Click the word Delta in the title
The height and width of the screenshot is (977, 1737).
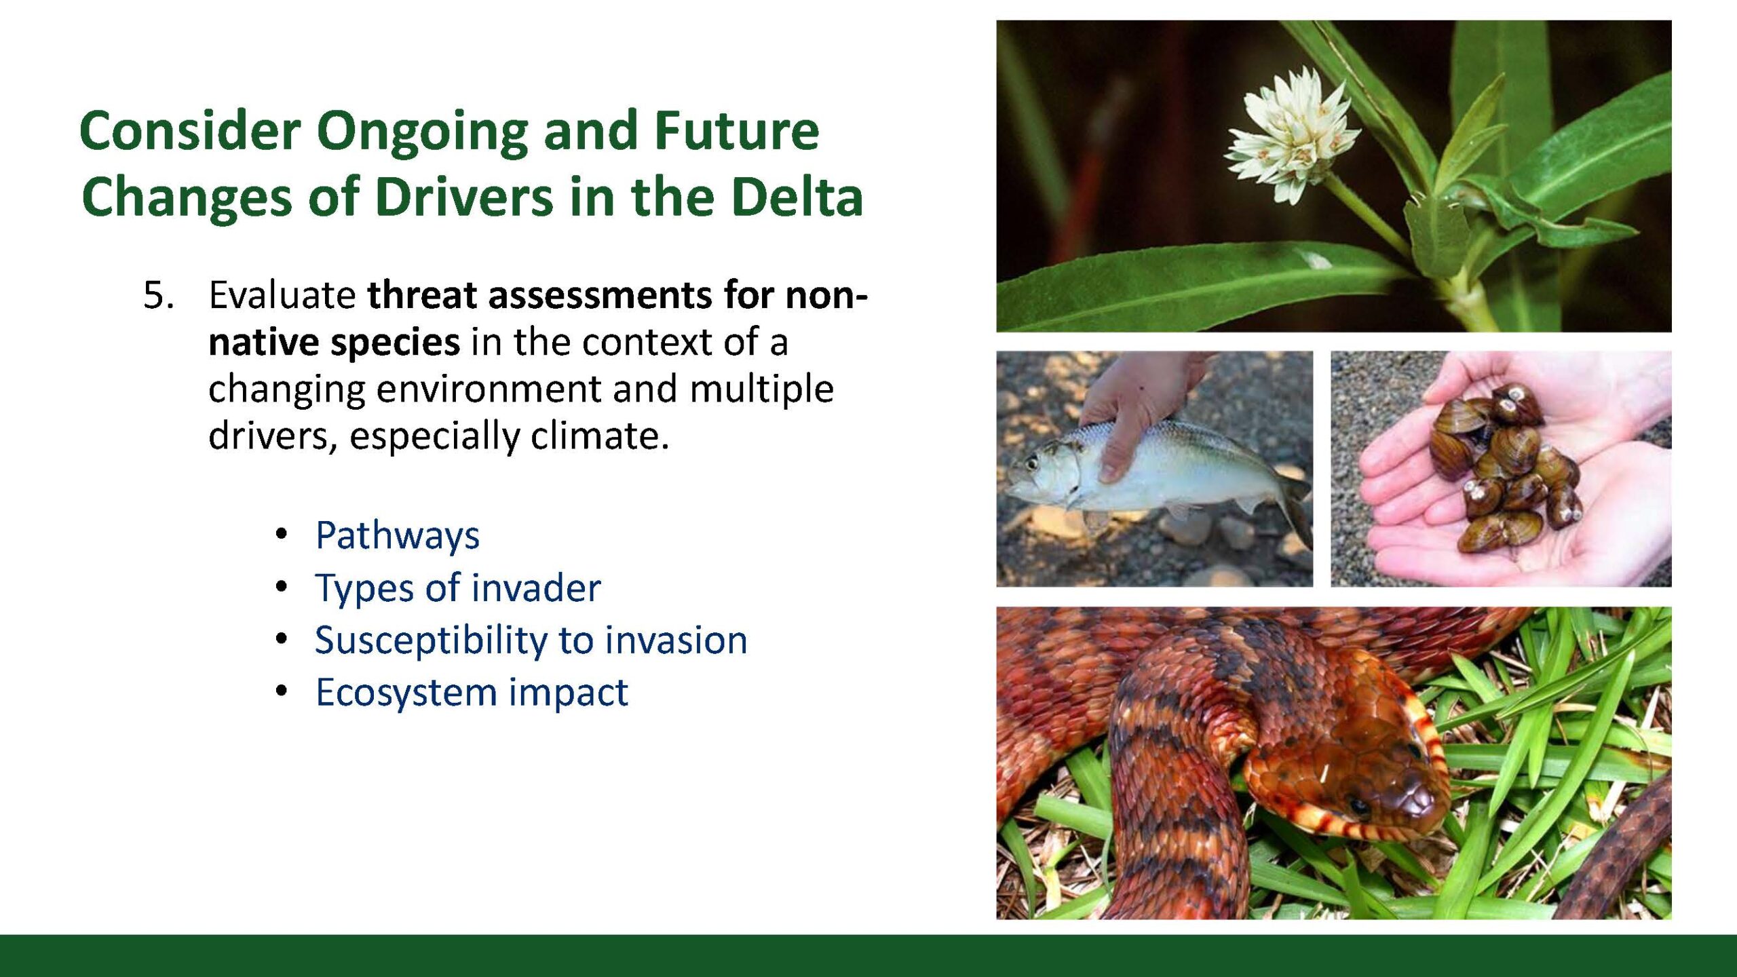(x=797, y=197)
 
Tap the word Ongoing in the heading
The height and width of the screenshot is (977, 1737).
(x=422, y=133)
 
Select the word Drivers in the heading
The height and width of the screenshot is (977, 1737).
(x=464, y=197)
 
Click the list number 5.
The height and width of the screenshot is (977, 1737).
(x=158, y=296)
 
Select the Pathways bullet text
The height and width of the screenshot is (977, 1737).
(x=398, y=536)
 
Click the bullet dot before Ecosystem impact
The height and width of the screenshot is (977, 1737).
(x=282, y=691)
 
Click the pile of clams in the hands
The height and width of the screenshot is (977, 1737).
(x=1506, y=468)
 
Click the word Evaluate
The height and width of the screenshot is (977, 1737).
(x=282, y=296)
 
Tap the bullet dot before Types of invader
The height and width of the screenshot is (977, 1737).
(x=282, y=587)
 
